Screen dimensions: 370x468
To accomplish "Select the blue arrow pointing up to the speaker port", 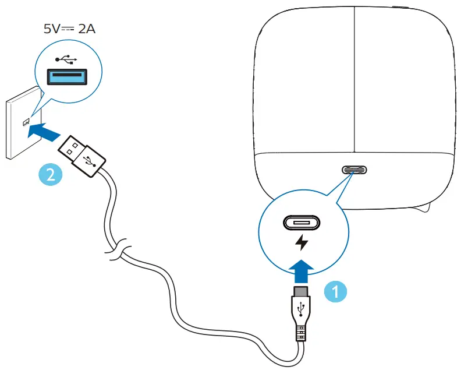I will (x=301, y=270).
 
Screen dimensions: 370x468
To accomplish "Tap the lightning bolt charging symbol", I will (x=302, y=242).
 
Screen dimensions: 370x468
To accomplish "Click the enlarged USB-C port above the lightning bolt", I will (x=302, y=223).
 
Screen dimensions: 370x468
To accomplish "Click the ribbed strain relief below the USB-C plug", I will (x=302, y=334).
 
